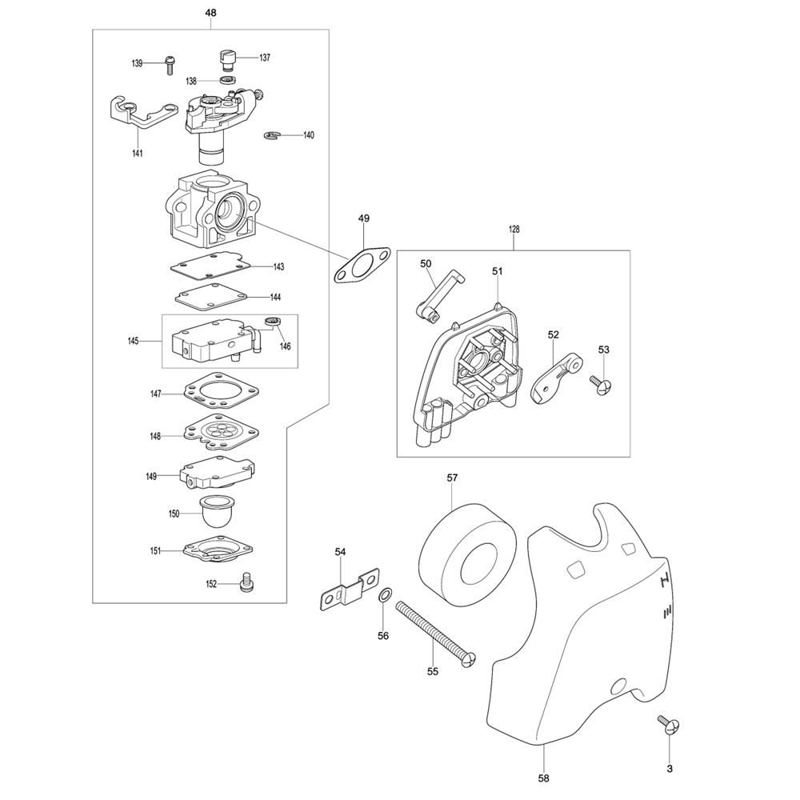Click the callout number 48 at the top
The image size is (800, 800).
pos(210,14)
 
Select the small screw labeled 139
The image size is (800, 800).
pos(168,64)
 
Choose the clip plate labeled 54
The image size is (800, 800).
pos(350,589)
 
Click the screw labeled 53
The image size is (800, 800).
pos(602,384)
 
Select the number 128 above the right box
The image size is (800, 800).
pos(514,230)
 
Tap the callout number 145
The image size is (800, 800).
pos(132,341)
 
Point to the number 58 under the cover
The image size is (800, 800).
pos(544,777)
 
